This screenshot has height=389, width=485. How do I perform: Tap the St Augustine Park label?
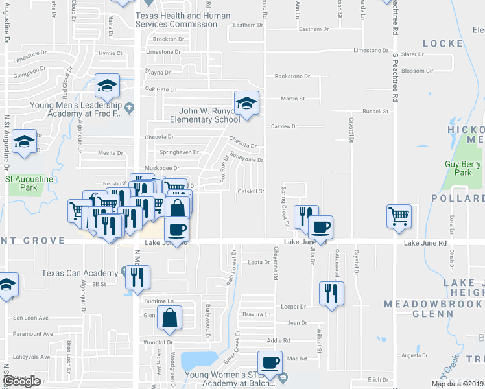(x=22, y=183)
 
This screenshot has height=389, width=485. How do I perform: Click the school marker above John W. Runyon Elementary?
(x=246, y=102)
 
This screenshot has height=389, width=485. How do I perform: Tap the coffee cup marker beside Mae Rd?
(x=270, y=362)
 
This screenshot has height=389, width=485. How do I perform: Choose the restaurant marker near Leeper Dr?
(x=332, y=292)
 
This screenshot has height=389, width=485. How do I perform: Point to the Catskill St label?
(x=251, y=191)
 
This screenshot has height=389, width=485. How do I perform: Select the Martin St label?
(x=292, y=99)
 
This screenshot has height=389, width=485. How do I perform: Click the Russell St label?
(x=375, y=112)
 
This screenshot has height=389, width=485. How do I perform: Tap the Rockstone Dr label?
(x=289, y=76)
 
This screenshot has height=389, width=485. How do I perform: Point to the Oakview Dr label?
(x=283, y=126)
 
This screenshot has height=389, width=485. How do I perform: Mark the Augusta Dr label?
(x=412, y=355)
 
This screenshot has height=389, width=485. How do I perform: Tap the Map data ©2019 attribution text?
(x=458, y=384)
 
